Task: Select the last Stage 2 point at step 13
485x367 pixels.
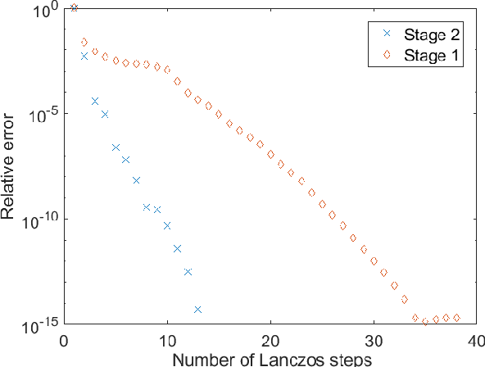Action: click(197, 310)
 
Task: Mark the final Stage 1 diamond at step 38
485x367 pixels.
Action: click(456, 318)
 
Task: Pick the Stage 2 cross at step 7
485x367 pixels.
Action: click(136, 180)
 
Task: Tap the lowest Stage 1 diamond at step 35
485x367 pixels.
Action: click(425, 322)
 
